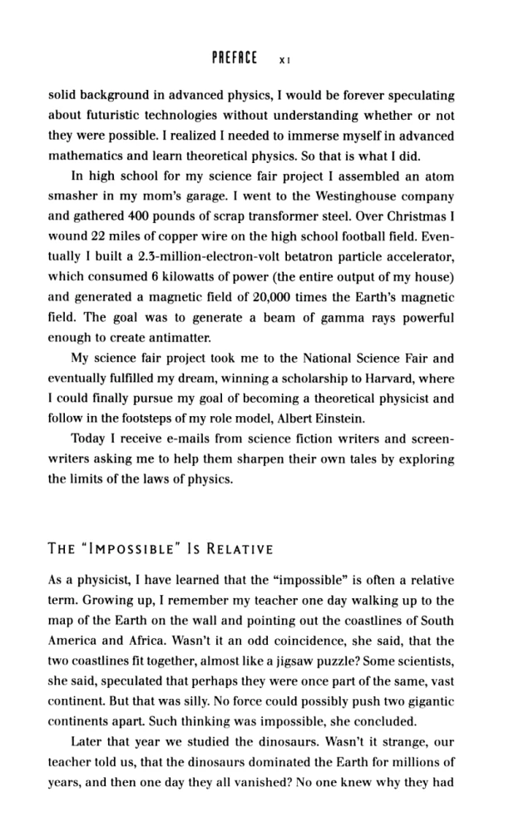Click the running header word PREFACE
[237, 59]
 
